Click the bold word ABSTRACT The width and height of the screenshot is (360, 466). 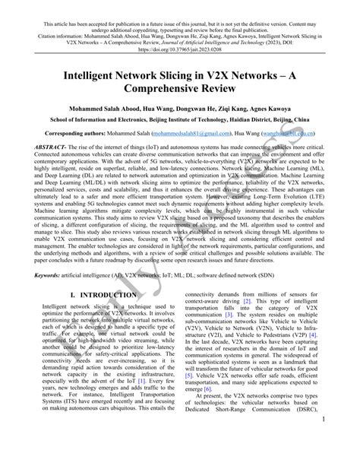(x=43, y=157)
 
